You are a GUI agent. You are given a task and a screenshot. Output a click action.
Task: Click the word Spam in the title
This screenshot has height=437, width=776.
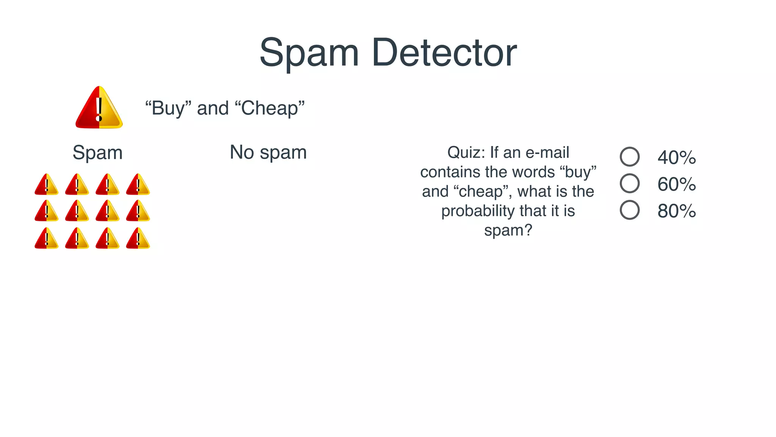(x=309, y=53)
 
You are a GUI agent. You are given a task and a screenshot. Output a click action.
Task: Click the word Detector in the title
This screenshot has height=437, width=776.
(x=444, y=53)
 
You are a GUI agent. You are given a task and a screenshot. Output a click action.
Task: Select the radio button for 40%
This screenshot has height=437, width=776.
(x=629, y=157)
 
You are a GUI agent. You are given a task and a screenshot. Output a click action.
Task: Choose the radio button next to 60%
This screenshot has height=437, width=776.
(x=629, y=183)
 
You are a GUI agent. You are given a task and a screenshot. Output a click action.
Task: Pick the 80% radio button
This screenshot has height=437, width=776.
(x=629, y=210)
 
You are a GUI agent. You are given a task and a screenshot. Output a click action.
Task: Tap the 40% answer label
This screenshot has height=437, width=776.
(x=677, y=157)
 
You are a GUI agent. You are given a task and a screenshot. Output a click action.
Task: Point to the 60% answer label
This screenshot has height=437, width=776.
(x=677, y=184)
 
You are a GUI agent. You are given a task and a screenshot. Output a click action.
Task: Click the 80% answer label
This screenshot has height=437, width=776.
(x=677, y=211)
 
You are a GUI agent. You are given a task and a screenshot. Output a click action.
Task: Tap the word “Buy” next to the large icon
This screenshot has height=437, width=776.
(x=168, y=108)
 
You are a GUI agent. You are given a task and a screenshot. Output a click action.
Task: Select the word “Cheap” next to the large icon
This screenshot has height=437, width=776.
(x=270, y=108)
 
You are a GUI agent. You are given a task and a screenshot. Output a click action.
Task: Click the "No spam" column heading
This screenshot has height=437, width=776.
(x=268, y=152)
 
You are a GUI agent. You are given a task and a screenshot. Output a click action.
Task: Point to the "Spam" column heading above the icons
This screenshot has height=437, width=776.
(x=97, y=153)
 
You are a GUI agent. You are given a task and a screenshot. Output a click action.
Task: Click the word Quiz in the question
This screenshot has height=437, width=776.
(x=466, y=152)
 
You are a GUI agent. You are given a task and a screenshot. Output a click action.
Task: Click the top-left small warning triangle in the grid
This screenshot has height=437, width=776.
(x=47, y=185)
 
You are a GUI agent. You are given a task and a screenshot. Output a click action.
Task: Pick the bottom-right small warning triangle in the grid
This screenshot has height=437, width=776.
(x=138, y=239)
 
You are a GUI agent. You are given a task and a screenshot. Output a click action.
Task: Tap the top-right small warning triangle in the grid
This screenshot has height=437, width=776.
(x=138, y=185)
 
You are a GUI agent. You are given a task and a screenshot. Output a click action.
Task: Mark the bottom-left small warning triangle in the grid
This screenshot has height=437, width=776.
(x=47, y=239)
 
